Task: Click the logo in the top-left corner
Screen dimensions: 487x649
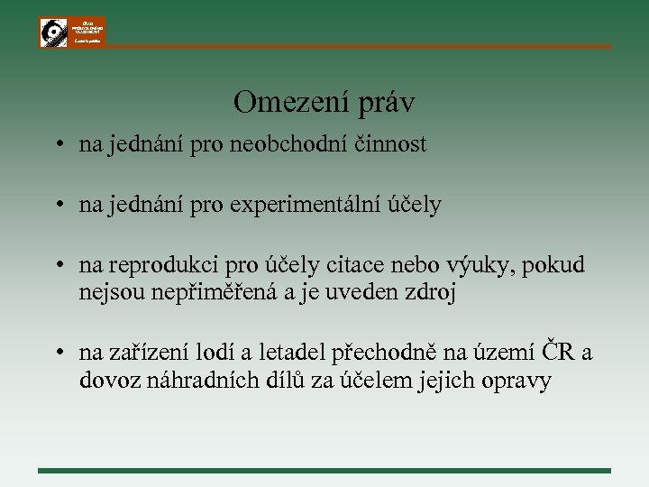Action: [72, 32]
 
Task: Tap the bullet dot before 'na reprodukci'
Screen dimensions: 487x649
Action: [57, 266]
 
